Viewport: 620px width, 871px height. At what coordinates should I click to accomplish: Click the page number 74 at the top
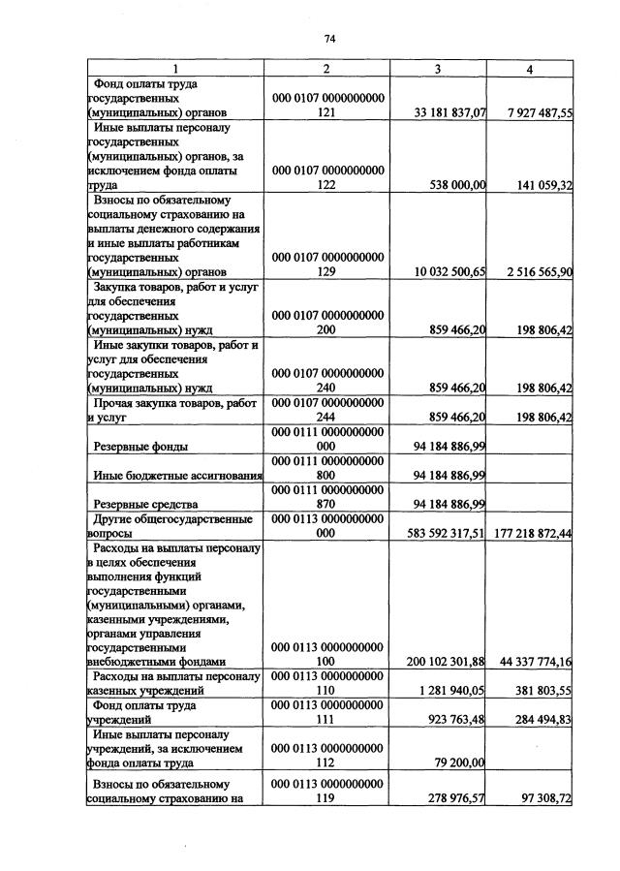click(329, 39)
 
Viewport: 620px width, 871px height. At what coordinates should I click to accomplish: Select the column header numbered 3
click(438, 69)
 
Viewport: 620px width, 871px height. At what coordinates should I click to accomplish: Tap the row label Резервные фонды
click(140, 447)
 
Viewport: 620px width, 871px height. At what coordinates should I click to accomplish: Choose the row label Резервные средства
click(145, 504)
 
